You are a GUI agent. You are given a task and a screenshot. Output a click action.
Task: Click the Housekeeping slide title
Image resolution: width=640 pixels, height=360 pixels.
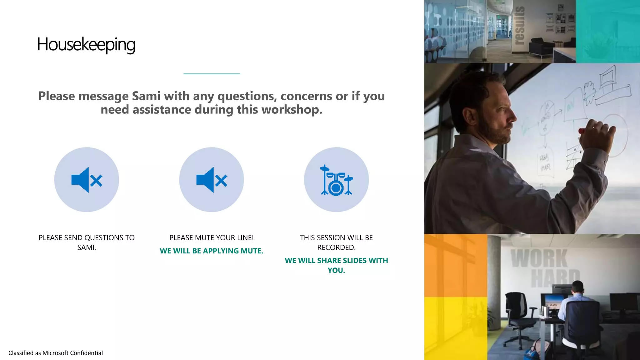[86, 45]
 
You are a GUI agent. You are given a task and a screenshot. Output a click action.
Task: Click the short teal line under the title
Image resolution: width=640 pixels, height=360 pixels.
[212, 74]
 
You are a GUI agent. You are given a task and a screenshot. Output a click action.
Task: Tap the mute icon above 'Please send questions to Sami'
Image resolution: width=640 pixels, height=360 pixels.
[87, 180]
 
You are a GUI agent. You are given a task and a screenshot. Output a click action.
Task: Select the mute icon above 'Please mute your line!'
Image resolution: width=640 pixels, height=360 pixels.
[212, 180]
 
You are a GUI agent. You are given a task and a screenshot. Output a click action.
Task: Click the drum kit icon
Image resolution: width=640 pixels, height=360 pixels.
[336, 180]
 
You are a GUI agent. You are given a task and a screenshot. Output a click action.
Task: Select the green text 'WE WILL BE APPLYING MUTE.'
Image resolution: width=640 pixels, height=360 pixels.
[212, 251]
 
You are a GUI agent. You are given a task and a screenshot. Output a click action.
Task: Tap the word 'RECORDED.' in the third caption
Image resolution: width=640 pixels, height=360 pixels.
[336, 247]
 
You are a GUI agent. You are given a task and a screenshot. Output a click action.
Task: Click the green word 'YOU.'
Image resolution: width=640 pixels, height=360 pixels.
[336, 270]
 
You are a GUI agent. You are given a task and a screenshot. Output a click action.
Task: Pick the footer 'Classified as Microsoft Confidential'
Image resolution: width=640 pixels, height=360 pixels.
[56, 353]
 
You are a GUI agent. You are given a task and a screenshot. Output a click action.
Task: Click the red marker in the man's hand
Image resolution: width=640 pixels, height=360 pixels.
[582, 131]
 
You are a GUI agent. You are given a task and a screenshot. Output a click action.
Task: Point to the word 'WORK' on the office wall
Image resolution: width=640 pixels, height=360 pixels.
[539, 258]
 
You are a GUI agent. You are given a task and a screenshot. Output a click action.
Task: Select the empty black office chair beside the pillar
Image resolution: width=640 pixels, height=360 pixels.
[517, 316]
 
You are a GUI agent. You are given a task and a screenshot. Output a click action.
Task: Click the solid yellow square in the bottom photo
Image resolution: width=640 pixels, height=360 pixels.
[456, 328]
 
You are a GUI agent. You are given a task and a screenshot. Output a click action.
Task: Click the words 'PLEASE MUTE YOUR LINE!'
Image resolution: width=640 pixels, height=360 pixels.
[212, 238]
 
